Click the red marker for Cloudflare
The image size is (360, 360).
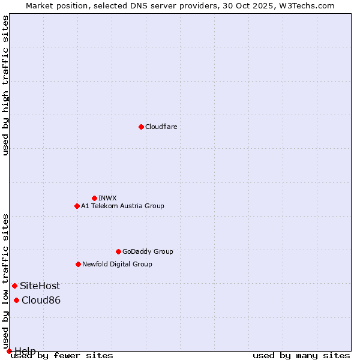click(141, 127)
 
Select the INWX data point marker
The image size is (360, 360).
click(94, 198)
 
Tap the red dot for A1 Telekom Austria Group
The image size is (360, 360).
click(77, 206)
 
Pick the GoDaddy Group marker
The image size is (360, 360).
click(118, 251)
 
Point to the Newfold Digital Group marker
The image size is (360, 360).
click(78, 264)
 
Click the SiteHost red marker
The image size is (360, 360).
click(14, 286)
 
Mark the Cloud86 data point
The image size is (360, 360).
click(16, 300)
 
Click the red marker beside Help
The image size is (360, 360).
click(9, 351)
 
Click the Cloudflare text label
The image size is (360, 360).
click(161, 127)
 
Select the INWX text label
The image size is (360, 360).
click(107, 198)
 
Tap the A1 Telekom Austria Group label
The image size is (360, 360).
click(122, 206)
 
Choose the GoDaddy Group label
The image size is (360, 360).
click(148, 251)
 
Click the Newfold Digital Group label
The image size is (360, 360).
click(117, 264)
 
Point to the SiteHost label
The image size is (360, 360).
click(40, 286)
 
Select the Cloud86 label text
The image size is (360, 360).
click(41, 300)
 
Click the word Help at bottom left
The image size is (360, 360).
click(25, 350)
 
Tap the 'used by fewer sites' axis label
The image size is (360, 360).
click(62, 355)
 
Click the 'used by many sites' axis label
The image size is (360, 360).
click(301, 355)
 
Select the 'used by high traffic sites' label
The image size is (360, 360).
click(5, 85)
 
